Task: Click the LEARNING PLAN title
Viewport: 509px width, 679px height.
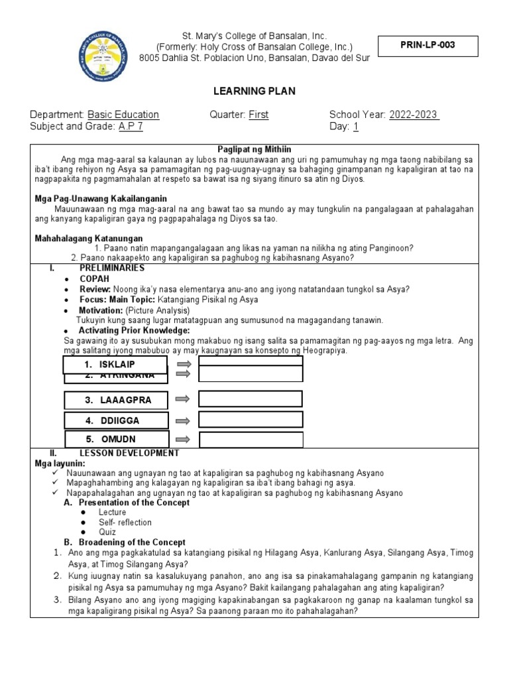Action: tap(254, 91)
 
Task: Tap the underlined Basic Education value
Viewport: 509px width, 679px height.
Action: tap(123, 115)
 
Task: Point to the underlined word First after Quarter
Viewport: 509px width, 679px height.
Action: tap(258, 115)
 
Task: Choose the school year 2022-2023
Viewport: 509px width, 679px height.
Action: tap(414, 115)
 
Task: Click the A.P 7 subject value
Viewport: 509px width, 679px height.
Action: tap(132, 127)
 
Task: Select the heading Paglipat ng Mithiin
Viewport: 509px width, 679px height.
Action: tap(254, 149)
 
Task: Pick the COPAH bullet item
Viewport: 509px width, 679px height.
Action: tap(94, 279)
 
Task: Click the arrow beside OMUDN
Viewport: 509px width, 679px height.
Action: tap(184, 439)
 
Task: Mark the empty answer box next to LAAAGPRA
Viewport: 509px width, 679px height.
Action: tap(251, 399)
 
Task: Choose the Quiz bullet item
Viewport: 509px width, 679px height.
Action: tap(107, 532)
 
